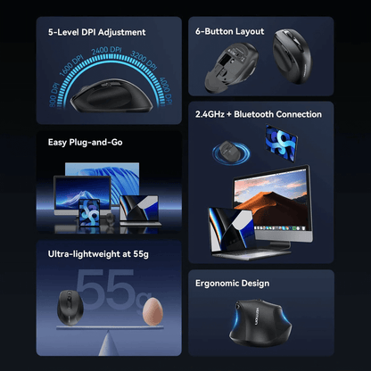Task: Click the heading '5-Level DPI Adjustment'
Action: (x=97, y=32)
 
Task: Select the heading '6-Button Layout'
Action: (x=230, y=31)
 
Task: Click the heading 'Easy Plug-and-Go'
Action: (x=87, y=141)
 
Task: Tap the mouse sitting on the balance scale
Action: (x=69, y=305)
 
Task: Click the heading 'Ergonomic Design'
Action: (x=233, y=284)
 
